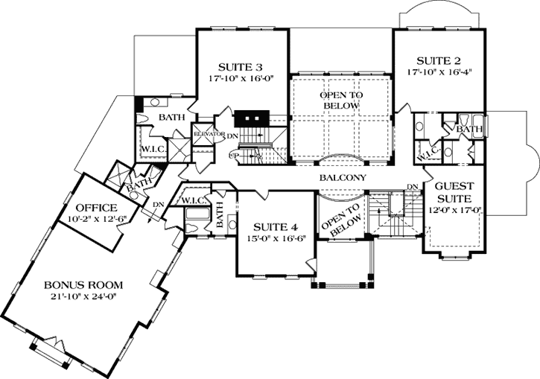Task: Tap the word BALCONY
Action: [x=342, y=178]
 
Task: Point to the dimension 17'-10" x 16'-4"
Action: [x=441, y=73]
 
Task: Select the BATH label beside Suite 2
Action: [x=469, y=130]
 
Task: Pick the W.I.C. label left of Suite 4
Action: [x=193, y=200]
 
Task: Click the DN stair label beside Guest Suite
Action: [x=411, y=186]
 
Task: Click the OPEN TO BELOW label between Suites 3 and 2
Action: [x=340, y=101]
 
